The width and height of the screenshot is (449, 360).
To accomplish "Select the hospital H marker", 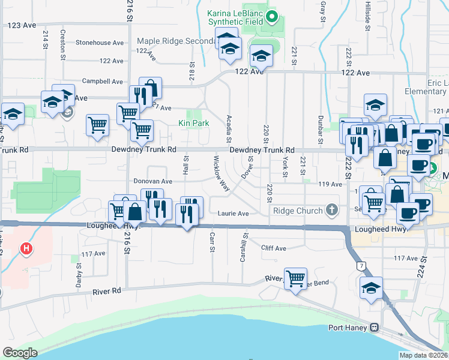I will [x=26, y=248].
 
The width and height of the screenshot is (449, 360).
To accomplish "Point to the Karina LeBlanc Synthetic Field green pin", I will [x=273, y=16].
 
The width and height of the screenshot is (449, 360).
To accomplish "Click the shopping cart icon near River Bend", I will [x=295, y=278].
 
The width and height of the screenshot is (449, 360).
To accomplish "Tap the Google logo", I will [x=20, y=353].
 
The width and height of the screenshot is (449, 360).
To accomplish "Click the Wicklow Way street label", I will [x=220, y=174].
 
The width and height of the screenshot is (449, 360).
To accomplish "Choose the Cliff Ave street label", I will [x=273, y=248].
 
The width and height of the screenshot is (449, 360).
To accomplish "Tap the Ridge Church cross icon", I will [x=330, y=210].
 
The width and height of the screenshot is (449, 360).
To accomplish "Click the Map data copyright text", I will [x=424, y=355].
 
